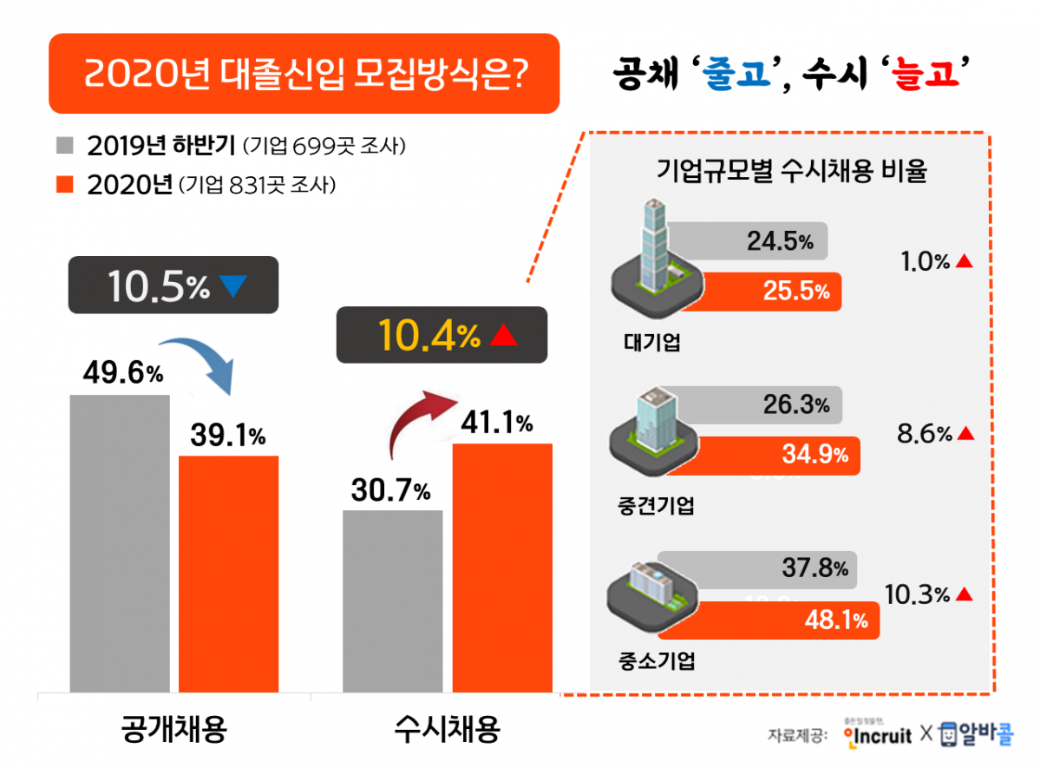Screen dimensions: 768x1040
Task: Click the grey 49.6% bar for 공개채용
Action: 120,542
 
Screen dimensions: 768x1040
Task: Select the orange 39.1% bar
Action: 228,573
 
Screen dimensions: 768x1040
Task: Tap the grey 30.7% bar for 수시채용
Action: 392,601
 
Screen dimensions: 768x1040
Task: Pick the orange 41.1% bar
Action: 502,568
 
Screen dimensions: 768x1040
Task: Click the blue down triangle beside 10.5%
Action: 234,286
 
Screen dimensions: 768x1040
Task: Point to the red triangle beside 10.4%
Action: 503,337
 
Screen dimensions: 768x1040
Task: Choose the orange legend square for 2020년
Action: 67,185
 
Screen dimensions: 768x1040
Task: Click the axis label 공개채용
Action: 173,729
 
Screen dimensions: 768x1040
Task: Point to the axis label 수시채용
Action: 447,729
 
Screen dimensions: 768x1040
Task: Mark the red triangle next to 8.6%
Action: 965,432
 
